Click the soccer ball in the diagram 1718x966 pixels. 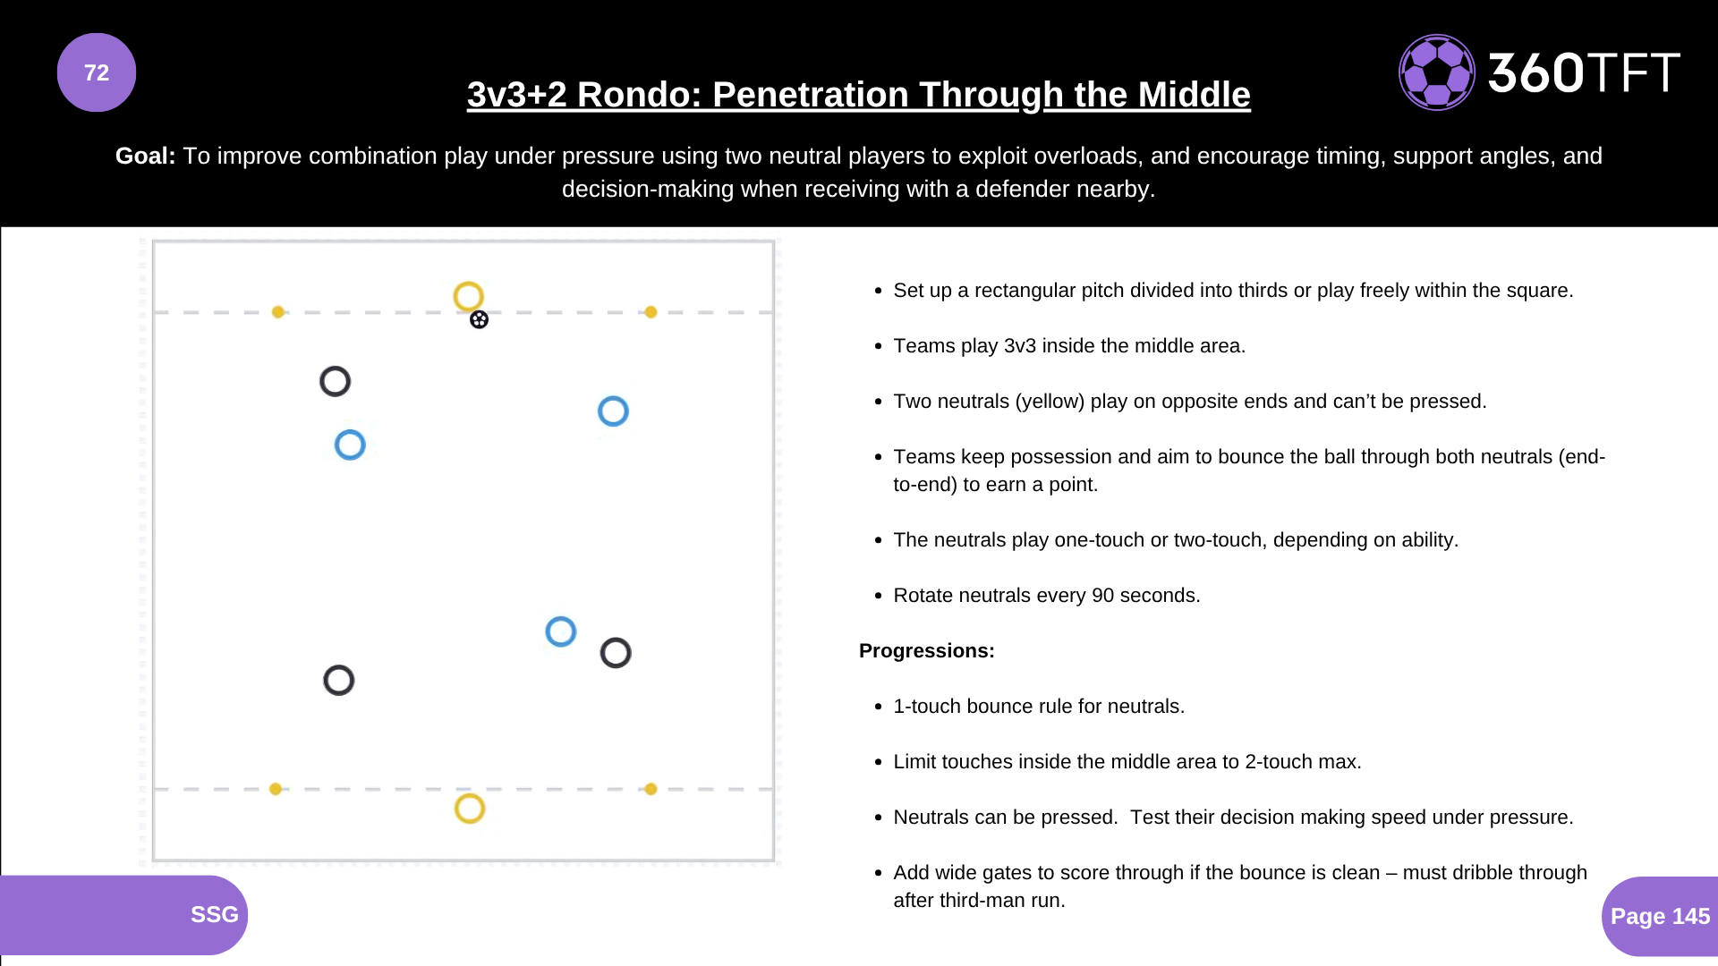(x=480, y=320)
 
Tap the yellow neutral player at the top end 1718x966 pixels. (x=468, y=296)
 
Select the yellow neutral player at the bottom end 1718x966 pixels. (x=470, y=809)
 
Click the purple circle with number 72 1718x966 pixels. (x=97, y=72)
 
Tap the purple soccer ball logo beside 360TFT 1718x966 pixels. (x=1436, y=72)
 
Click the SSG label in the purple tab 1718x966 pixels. (x=214, y=914)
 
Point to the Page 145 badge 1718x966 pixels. (x=1660, y=916)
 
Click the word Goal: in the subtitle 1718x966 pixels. (x=146, y=156)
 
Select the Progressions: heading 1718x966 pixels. (x=926, y=651)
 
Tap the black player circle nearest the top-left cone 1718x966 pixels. (x=336, y=382)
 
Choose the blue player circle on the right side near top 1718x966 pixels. (x=613, y=411)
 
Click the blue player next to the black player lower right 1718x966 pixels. (x=561, y=631)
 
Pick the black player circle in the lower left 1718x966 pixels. (x=339, y=681)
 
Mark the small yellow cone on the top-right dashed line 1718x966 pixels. (x=651, y=312)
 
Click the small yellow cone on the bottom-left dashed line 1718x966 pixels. (x=276, y=789)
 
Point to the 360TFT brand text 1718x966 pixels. (x=1583, y=73)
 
